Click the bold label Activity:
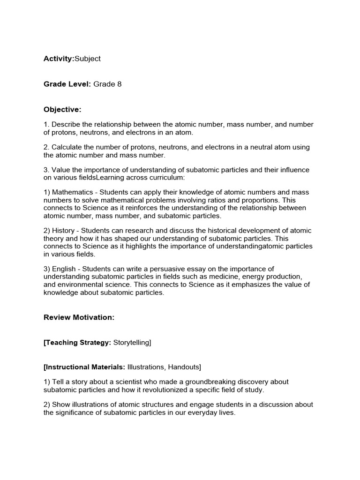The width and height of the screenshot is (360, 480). pyautogui.click(x=59, y=59)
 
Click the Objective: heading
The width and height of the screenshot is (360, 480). pyautogui.click(x=62, y=110)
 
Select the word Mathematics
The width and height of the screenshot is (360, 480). pyautogui.click(x=73, y=193)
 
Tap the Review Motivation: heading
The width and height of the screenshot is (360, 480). pyautogui.click(x=79, y=317)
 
